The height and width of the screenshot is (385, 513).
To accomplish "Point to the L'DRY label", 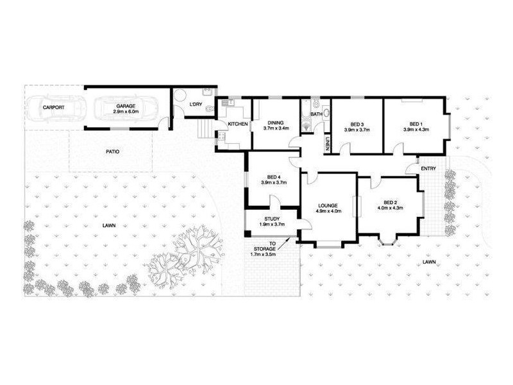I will tap(195, 104).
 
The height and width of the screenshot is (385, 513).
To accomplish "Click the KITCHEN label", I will tap(238, 124).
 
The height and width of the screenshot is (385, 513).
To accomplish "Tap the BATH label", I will tap(316, 115).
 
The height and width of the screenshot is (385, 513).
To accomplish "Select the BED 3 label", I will tap(358, 124).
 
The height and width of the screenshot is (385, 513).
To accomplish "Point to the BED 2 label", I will tap(390, 200).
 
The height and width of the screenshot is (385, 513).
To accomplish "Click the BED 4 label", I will tap(271, 176).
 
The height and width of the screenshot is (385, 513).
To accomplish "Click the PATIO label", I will tap(113, 151).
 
